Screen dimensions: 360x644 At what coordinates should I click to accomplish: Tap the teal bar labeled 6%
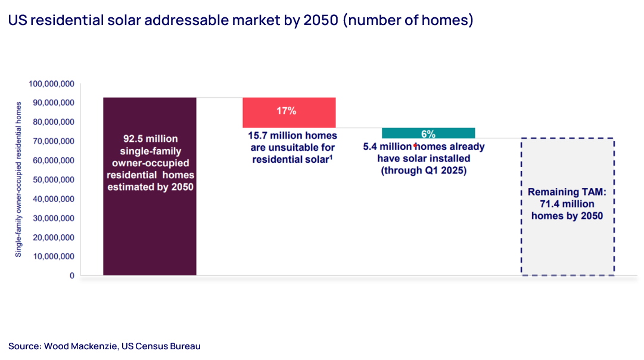[x=428, y=133]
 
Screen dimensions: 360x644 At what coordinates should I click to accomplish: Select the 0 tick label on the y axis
[x=71, y=276]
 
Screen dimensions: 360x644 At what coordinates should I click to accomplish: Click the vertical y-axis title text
[x=18, y=179]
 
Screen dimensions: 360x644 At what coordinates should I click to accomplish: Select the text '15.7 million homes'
[x=289, y=135]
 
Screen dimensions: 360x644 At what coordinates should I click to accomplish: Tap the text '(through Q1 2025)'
[x=424, y=170]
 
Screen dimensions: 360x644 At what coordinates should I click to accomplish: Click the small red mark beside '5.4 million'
[x=415, y=145]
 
